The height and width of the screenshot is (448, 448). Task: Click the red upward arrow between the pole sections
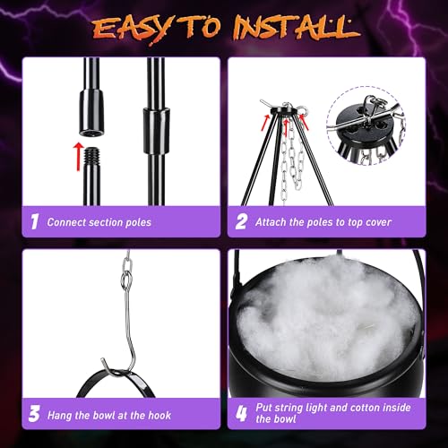tap(78, 151)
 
